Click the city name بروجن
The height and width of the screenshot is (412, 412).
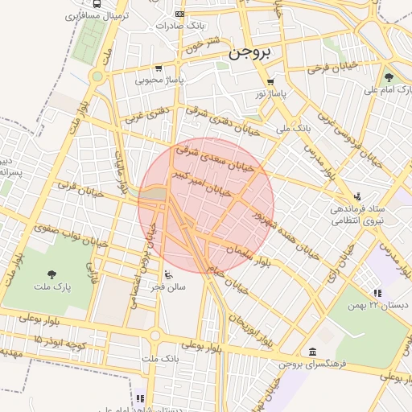[x=251, y=53]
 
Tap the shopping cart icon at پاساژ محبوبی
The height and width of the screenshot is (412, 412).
[x=159, y=68]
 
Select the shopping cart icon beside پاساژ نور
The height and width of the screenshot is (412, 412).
[x=270, y=82]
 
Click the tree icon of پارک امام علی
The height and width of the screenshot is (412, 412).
[x=389, y=77]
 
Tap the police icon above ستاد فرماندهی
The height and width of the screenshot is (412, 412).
[x=357, y=196]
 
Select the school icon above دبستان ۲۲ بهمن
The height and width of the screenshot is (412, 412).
[x=377, y=293]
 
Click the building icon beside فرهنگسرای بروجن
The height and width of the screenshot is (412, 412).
[x=311, y=352]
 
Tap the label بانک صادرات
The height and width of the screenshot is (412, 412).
[x=182, y=25]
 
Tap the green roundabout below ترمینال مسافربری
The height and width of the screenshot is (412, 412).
[x=98, y=77]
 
